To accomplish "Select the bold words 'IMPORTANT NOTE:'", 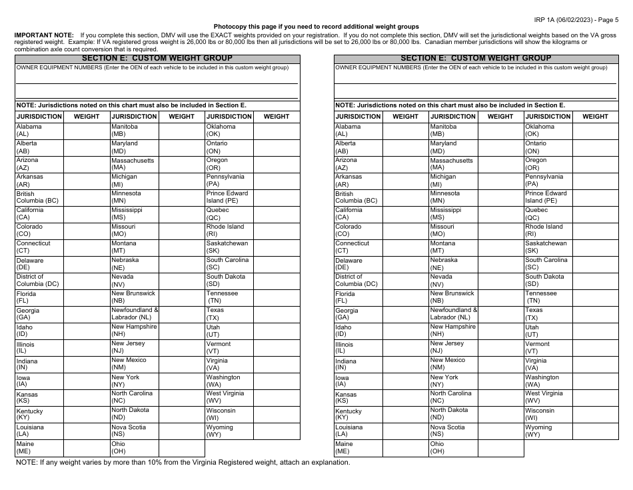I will click(44, 35).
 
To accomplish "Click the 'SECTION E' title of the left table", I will click(157, 59).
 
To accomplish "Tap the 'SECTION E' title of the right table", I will click(476, 59).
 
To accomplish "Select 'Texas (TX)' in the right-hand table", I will click(535, 314).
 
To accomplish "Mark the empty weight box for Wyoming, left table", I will click(277, 431).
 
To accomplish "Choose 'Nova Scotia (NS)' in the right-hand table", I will click(448, 431).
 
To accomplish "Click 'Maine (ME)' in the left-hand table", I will click(25, 447).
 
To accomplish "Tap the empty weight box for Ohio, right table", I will click(500, 448).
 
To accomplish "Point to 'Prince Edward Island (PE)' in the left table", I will click(227, 197).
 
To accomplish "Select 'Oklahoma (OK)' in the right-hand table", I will click(540, 130).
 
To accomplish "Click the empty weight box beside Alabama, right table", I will click(406, 130).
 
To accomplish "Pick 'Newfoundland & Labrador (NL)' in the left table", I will click(135, 314).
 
